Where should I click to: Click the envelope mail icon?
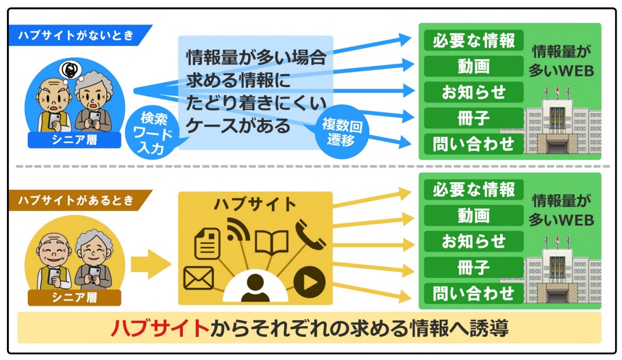[x=198, y=277]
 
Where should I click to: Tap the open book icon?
[x=271, y=242]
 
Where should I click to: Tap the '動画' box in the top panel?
[x=473, y=66]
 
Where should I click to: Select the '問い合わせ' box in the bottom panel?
[x=473, y=293]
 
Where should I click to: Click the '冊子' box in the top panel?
[x=473, y=118]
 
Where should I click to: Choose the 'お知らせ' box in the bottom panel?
[x=473, y=241]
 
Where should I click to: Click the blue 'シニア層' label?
[x=74, y=140]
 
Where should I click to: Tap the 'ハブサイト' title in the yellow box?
[x=255, y=204]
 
